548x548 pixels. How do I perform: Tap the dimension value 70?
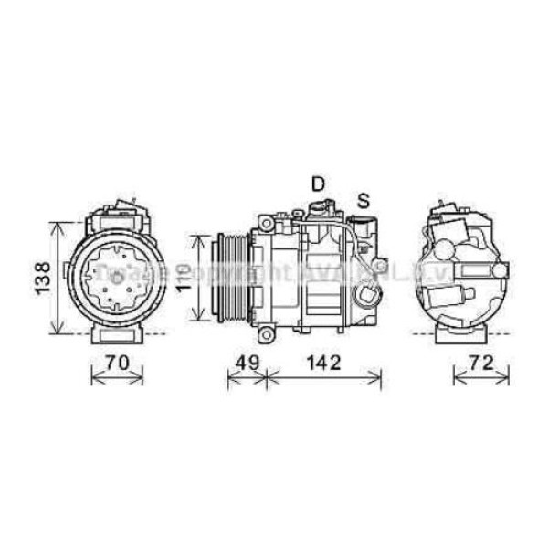pyautogui.click(x=115, y=361)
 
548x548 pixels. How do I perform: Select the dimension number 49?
pyautogui.click(x=244, y=361)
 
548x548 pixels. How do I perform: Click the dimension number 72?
pyautogui.click(x=476, y=361)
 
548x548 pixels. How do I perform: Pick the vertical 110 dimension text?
pyautogui.click(x=183, y=277)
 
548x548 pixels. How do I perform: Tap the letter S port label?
pyautogui.click(x=364, y=199)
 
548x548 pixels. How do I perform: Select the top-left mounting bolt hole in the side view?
pyautogui.click(x=264, y=222)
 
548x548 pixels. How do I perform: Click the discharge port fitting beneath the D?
pyautogui.click(x=316, y=209)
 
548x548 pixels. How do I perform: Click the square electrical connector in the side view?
pyautogui.click(x=367, y=297)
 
